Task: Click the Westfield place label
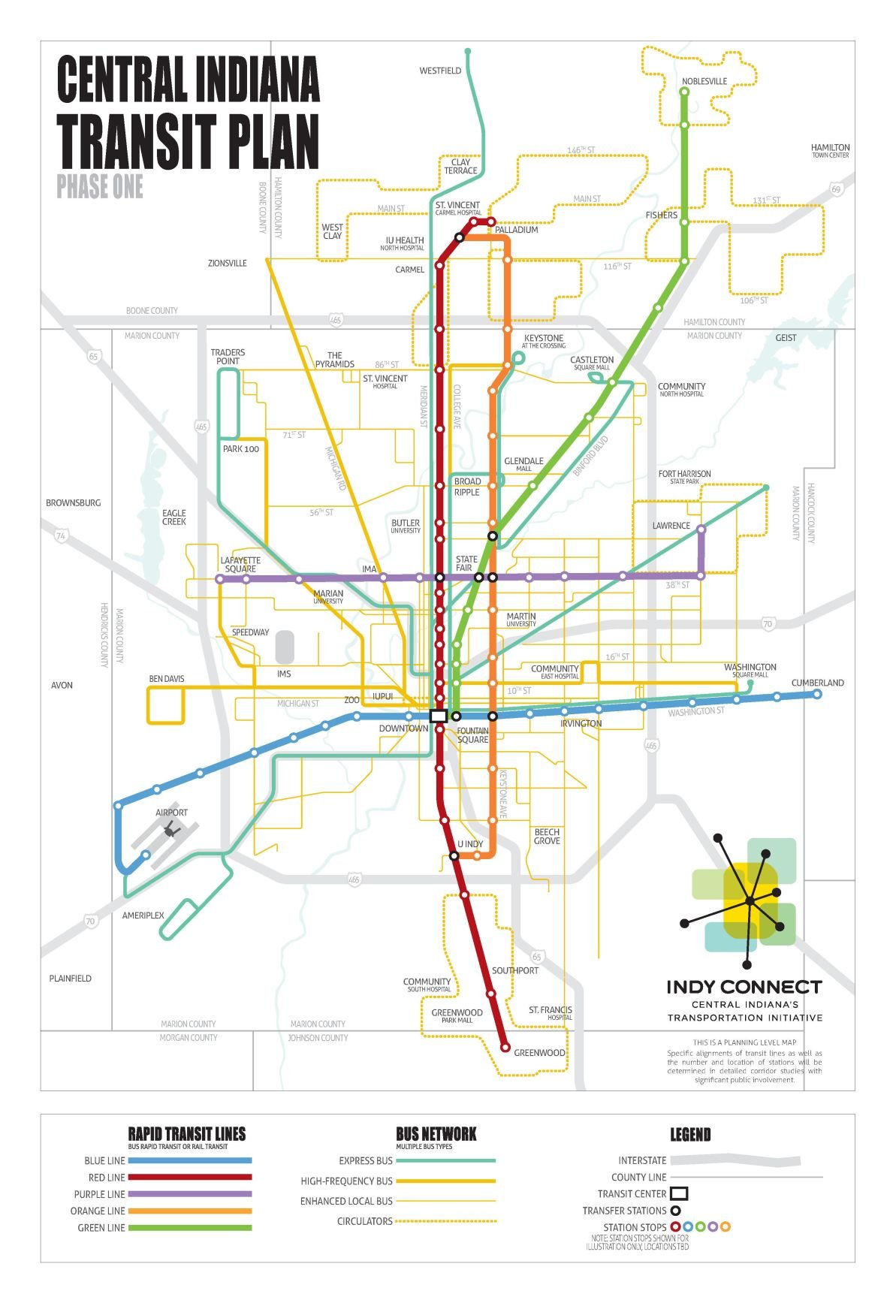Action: click(x=440, y=71)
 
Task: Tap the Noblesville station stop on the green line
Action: click(x=684, y=92)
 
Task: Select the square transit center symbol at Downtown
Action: click(x=439, y=716)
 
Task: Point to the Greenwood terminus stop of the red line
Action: click(x=505, y=1047)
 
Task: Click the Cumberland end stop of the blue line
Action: click(x=817, y=694)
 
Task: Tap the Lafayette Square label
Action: click(x=240, y=565)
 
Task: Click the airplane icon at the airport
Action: click(x=170, y=829)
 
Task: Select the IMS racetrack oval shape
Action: click(x=285, y=647)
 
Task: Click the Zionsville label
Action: click(x=228, y=264)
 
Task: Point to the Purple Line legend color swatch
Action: click(x=189, y=1193)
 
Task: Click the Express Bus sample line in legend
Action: click(x=445, y=1160)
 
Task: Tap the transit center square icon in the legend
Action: click(x=679, y=1193)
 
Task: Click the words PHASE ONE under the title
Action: click(x=100, y=187)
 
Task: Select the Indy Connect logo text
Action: click(x=744, y=987)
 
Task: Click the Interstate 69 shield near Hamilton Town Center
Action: click(x=836, y=189)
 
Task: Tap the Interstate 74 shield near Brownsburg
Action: click(x=61, y=535)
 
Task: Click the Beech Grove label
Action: click(x=547, y=836)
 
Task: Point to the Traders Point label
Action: click(x=228, y=357)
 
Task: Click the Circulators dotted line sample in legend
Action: click(x=445, y=1221)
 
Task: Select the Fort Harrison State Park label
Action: click(x=684, y=477)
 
